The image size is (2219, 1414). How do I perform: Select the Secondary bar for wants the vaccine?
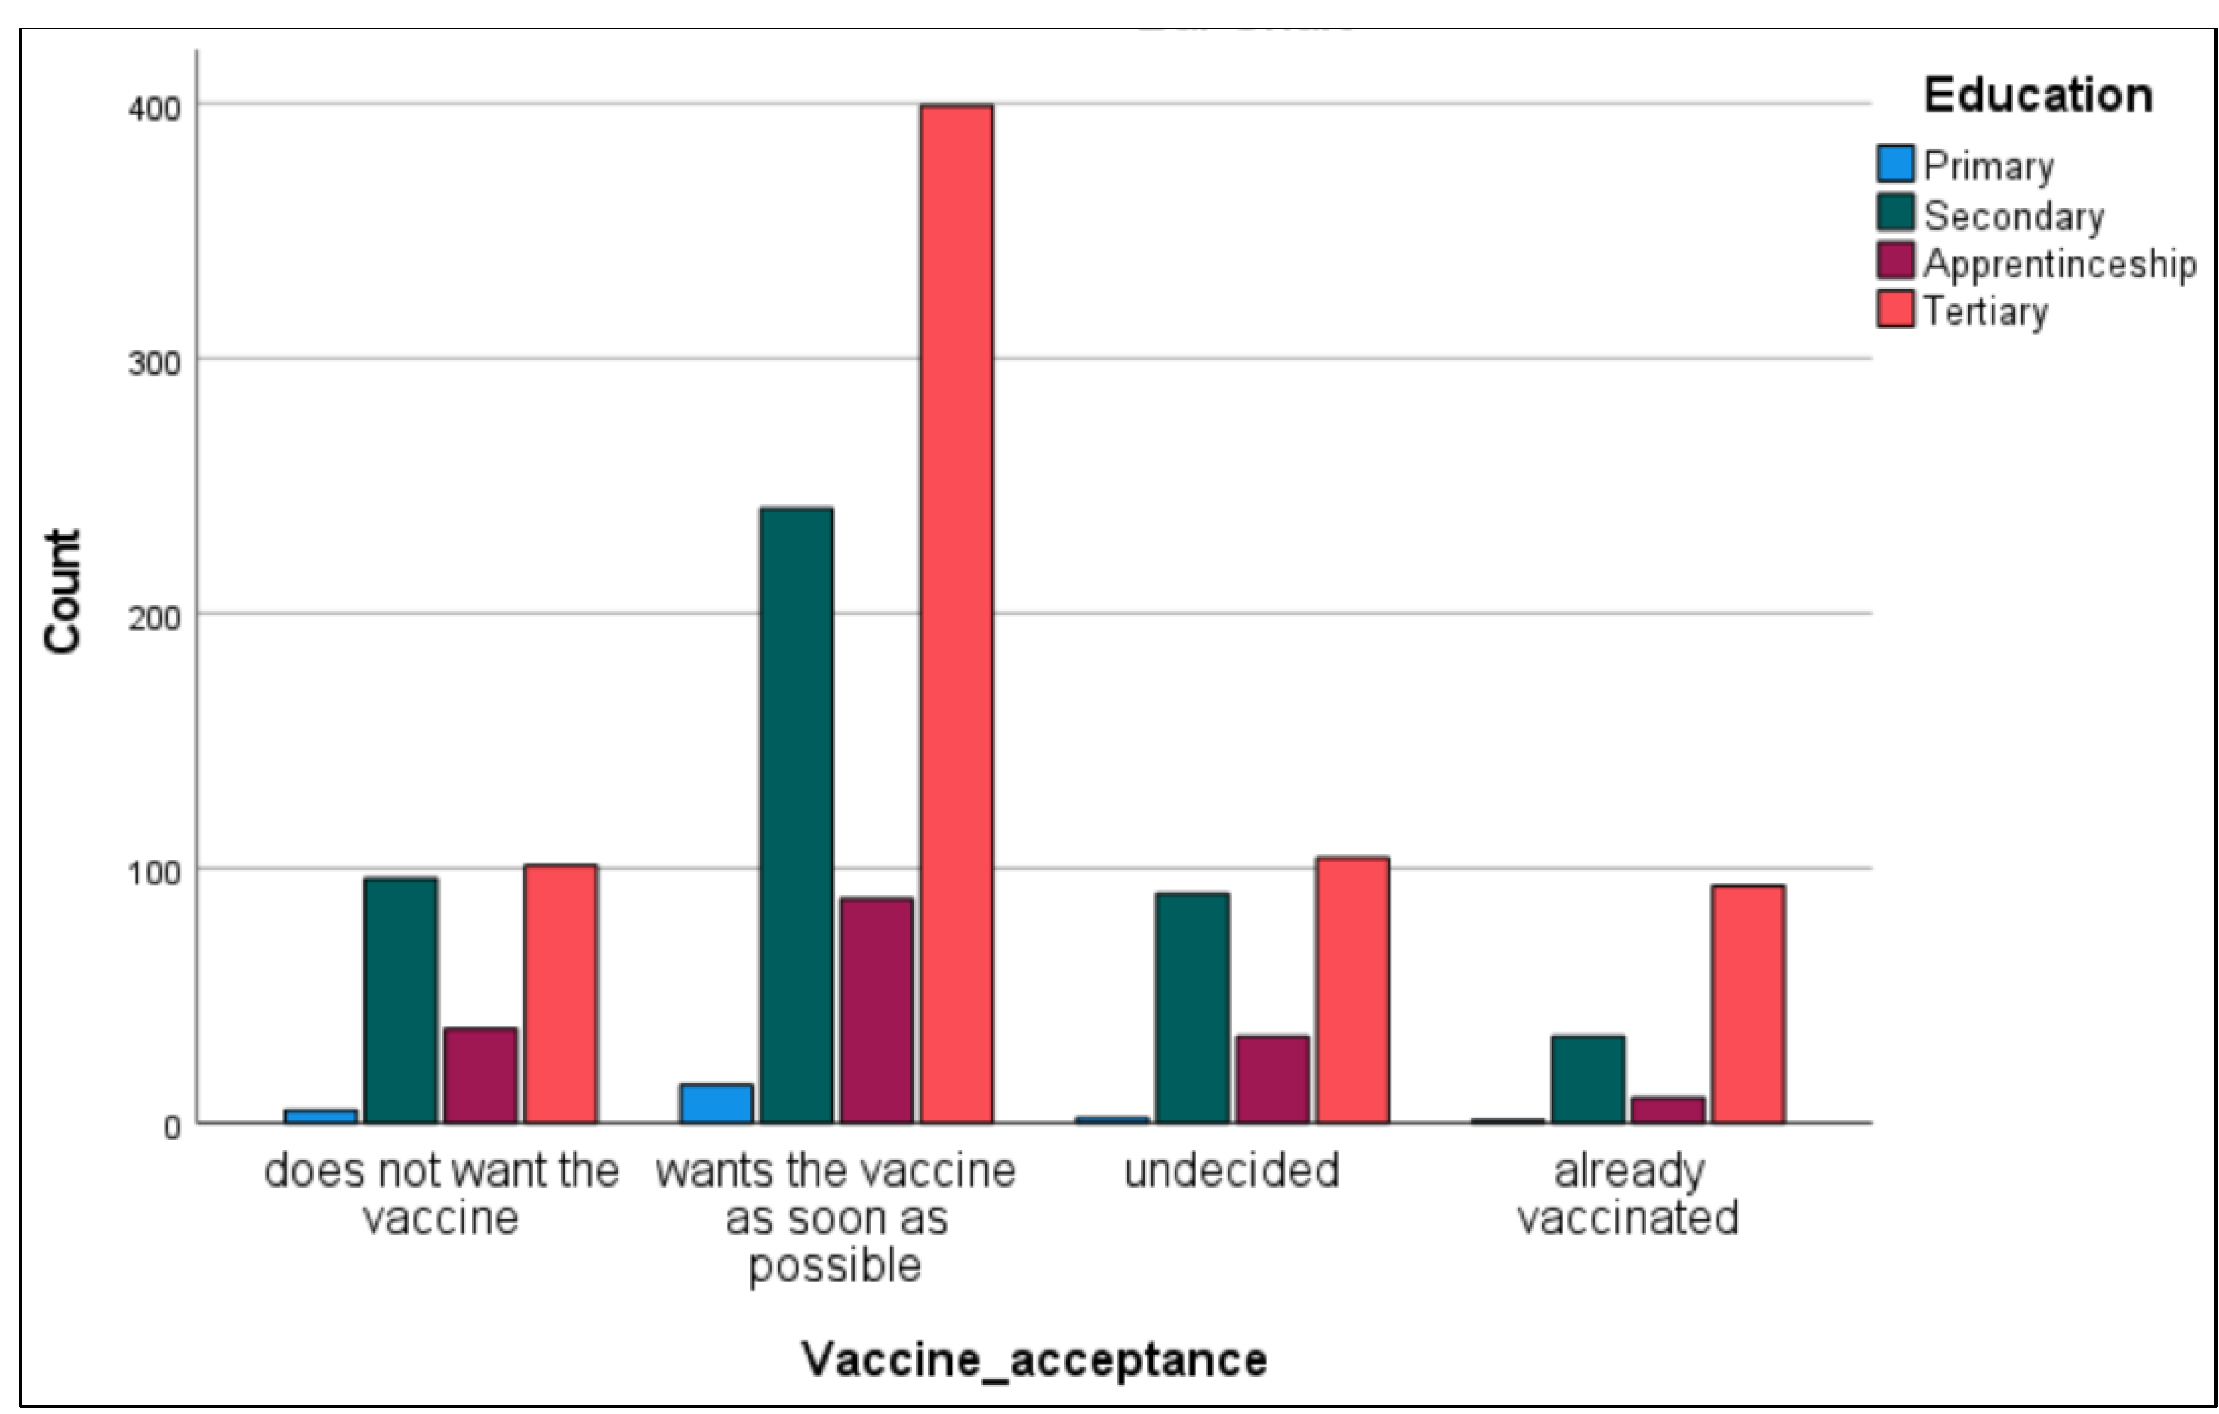796,815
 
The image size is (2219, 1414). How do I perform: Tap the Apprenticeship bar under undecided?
1272,1079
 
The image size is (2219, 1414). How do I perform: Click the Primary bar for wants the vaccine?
716,1104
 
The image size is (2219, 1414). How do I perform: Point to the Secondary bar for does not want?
400,1000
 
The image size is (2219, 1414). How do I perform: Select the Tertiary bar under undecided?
1352,990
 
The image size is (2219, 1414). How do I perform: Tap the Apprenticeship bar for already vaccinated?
1667,1110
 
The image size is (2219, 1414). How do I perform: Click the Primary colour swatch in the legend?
1894,164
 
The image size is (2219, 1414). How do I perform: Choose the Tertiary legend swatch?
1894,309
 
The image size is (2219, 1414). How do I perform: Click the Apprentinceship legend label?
2059,264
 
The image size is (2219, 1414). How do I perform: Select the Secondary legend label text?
2013,216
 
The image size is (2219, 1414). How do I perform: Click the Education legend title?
2038,95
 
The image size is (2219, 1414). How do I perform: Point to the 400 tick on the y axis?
154,108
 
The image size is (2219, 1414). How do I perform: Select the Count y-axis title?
64,591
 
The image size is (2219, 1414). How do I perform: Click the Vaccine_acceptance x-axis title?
1034,1359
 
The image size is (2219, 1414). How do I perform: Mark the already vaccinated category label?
1628,1195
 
